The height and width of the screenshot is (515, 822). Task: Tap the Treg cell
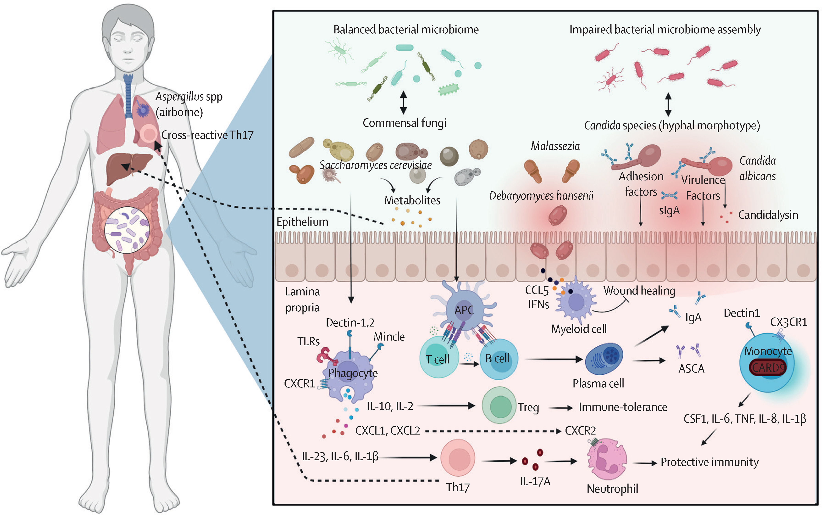[499, 406]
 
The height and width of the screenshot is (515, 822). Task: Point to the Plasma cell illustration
[604, 359]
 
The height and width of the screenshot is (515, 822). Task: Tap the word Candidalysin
[768, 215]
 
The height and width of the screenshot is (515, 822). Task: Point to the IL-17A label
[535, 481]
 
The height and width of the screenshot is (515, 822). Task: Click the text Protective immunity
[709, 462]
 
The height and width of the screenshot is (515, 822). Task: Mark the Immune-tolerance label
[623, 407]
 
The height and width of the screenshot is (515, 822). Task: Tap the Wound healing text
[639, 290]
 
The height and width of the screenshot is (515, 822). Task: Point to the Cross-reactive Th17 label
[207, 135]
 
